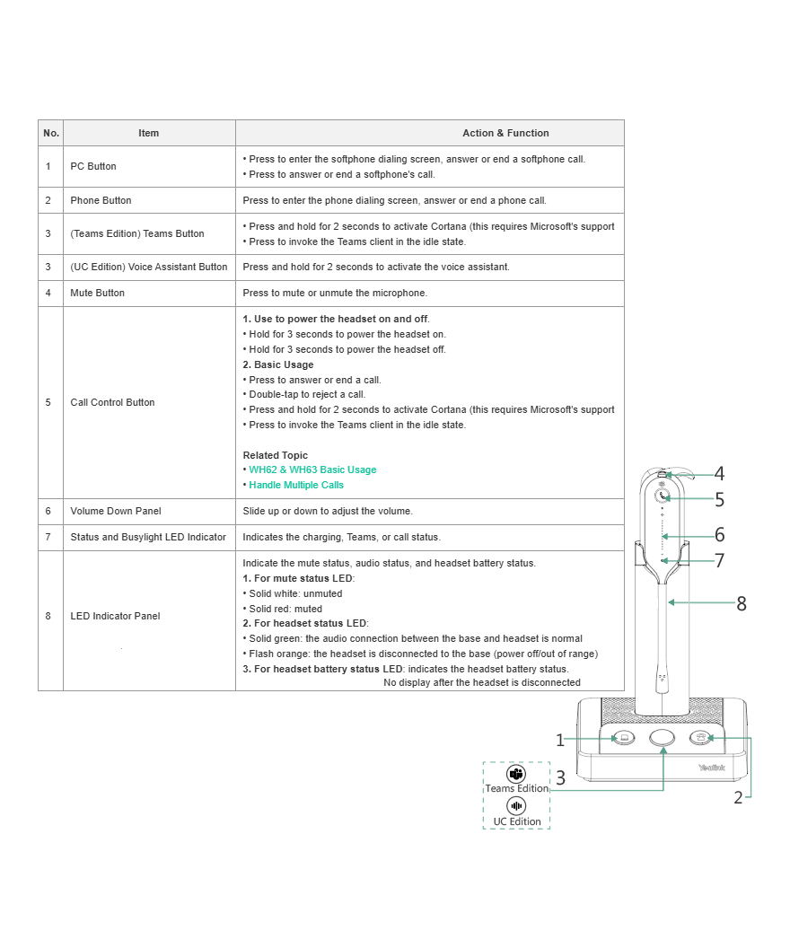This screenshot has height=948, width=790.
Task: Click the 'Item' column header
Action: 149,133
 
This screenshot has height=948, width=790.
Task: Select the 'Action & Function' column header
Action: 505,133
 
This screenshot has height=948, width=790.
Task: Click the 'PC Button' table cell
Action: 93,166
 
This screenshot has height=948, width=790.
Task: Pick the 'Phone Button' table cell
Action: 101,200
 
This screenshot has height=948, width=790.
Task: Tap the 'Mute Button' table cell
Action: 98,293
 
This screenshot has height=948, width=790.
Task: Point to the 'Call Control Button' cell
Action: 112,402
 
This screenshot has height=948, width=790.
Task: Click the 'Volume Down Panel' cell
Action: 116,511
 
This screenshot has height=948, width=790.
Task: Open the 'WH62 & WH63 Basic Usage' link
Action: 312,470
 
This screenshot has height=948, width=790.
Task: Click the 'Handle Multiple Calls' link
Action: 296,485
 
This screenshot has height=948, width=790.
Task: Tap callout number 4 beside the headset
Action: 719,474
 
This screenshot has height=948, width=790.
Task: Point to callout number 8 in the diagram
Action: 741,604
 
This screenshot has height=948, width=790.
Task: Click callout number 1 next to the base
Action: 560,741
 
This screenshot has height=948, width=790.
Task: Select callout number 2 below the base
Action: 738,797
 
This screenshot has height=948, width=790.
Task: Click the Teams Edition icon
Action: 516,774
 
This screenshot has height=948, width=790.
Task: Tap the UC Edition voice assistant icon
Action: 516,806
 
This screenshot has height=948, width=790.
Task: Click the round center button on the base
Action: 662,737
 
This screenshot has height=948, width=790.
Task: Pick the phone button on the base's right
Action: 700,738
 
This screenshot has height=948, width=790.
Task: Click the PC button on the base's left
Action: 623,738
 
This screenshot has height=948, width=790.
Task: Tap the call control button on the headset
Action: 663,496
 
